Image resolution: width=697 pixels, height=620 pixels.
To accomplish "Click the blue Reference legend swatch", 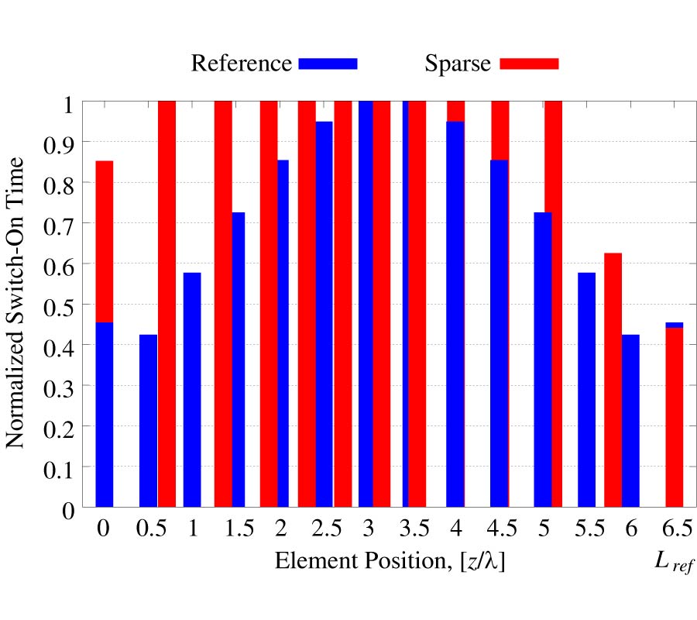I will [328, 64].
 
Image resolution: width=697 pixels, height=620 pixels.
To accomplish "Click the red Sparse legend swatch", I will [529, 64].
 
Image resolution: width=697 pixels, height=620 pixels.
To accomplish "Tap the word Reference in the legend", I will [242, 63].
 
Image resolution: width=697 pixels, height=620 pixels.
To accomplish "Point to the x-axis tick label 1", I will [192, 529].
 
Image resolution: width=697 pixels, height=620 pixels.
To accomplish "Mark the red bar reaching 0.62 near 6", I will [613, 380].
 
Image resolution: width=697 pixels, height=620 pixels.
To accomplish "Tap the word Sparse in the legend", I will [457, 63].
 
